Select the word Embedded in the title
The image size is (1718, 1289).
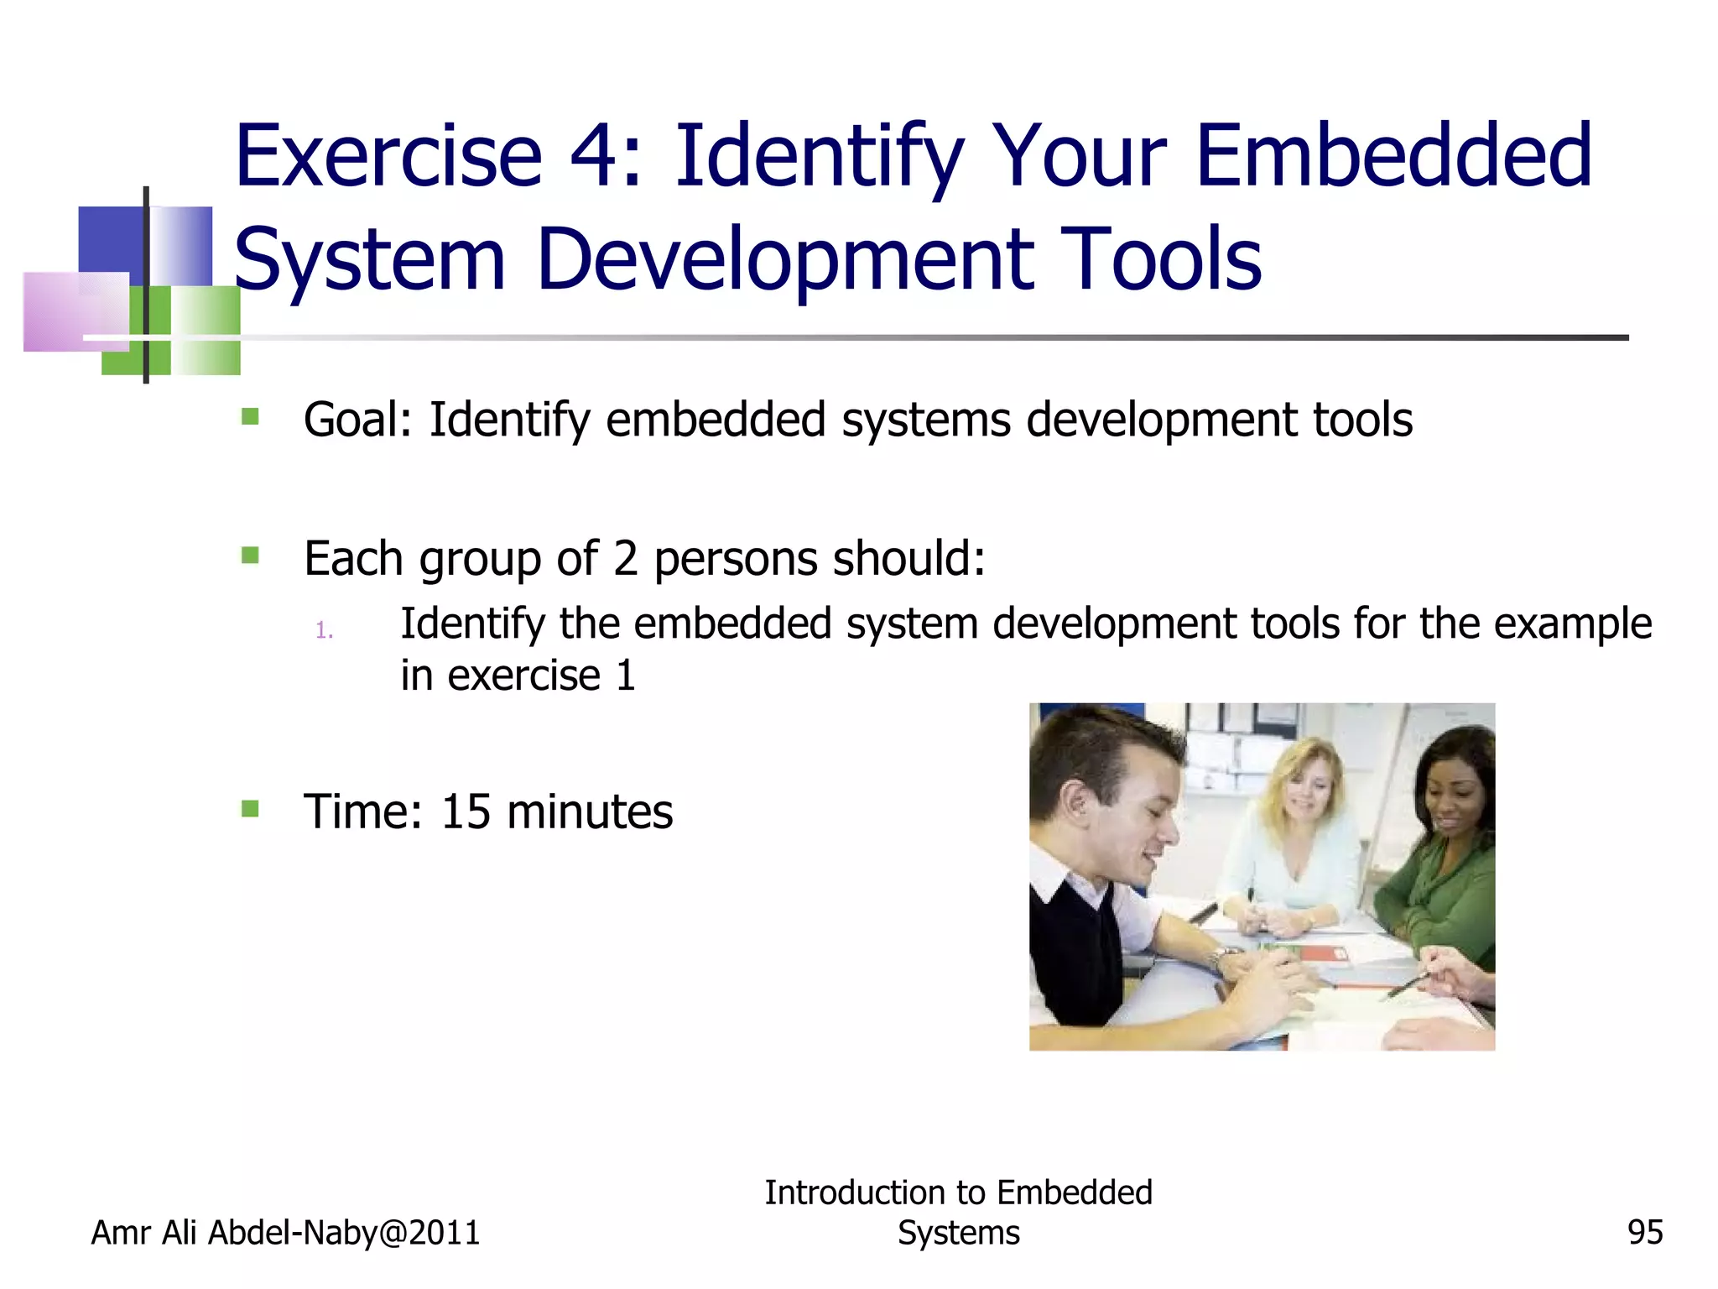1393,157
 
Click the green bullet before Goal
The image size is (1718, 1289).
250,417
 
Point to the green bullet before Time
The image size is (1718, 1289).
250,809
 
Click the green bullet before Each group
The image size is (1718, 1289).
250,556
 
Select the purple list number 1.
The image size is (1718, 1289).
324,630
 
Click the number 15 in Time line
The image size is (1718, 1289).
466,811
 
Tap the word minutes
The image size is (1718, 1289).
590,811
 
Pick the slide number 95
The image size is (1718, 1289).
1644,1233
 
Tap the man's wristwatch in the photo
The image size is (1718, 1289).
1223,957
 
